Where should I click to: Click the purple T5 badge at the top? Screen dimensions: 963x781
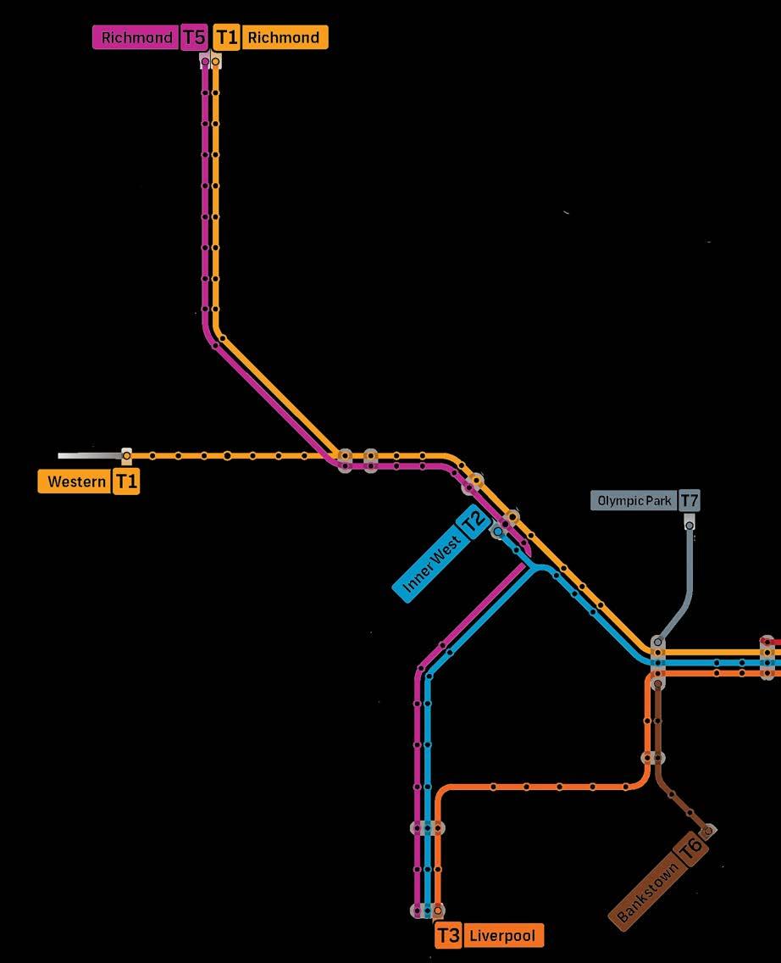[x=194, y=37]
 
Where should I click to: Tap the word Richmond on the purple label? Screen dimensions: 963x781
[x=136, y=37]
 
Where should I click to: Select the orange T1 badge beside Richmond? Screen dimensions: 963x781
[x=226, y=37]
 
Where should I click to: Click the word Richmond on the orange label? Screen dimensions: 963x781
[x=283, y=37]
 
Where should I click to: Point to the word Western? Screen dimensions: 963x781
[x=76, y=482]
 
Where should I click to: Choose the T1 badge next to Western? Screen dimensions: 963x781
[x=126, y=482]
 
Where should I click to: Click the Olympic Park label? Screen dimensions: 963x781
[x=634, y=501]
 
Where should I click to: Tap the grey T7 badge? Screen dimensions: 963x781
[x=690, y=501]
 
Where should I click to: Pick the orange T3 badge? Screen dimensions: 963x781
[x=448, y=936]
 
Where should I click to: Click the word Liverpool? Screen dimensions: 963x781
[x=501, y=936]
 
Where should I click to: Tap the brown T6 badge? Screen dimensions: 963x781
[x=691, y=849]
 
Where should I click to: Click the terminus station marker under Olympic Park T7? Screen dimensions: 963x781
[x=690, y=526]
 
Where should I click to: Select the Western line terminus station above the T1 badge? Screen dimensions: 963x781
[x=126, y=456]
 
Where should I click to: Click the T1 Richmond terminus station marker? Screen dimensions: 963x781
[x=215, y=61]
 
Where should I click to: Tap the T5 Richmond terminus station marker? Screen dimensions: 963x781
[x=205, y=61]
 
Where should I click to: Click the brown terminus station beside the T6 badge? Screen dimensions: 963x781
[x=709, y=829]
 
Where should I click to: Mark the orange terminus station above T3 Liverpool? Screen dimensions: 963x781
[x=437, y=910]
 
